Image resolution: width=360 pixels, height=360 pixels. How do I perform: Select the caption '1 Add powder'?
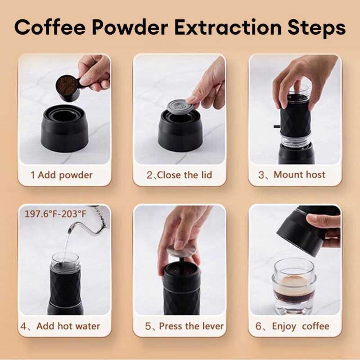point(61,175)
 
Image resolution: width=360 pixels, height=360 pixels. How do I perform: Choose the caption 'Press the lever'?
point(184,326)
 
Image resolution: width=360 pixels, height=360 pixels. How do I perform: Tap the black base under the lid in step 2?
point(180,133)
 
